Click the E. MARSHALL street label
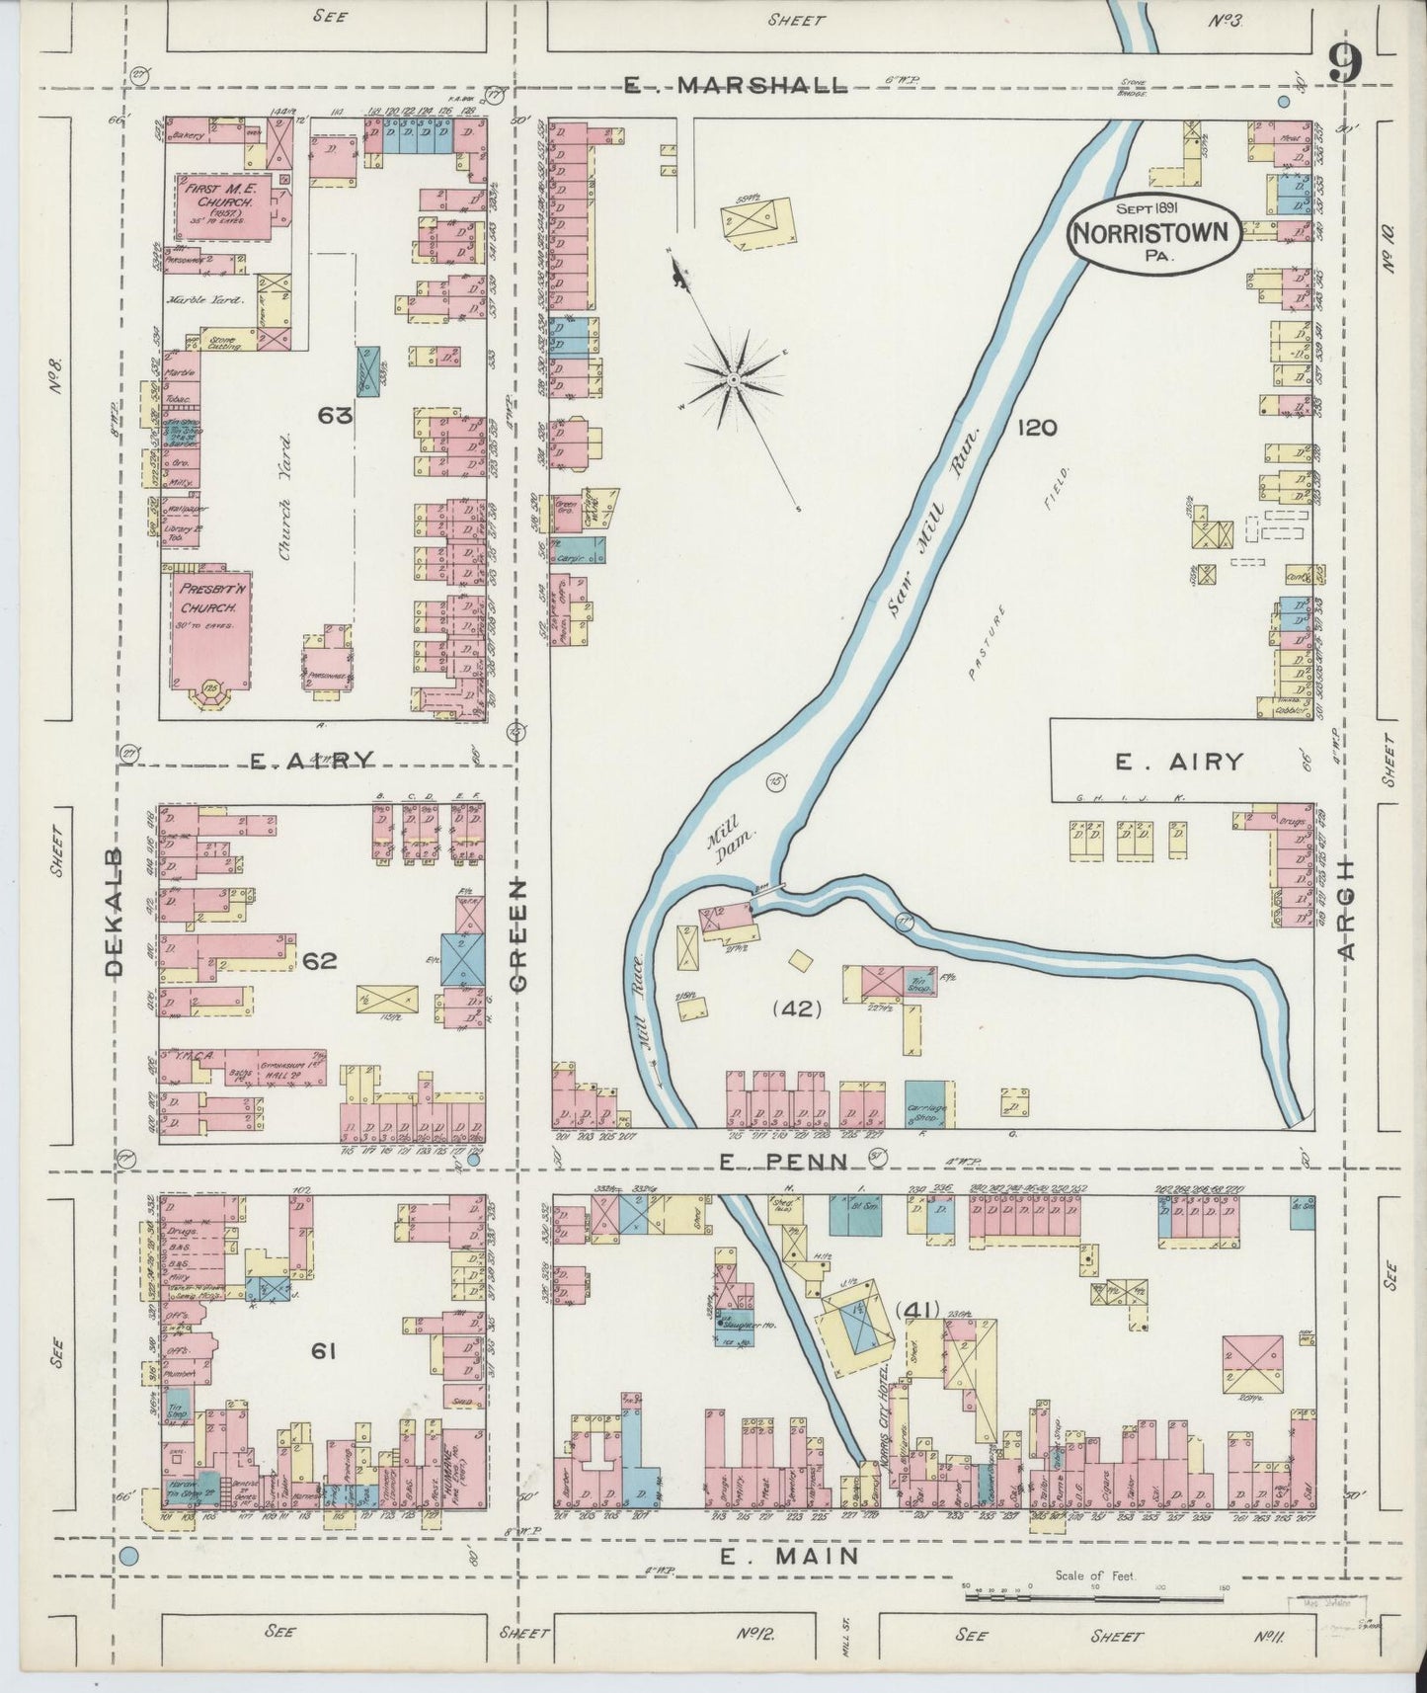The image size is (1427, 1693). point(736,86)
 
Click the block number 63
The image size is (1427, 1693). point(335,416)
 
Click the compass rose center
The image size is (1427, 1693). point(734,379)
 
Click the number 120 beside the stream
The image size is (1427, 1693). point(1034,427)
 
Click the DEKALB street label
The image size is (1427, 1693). point(113,911)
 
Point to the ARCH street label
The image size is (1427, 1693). point(1347,907)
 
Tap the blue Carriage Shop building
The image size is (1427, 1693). point(929,1103)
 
